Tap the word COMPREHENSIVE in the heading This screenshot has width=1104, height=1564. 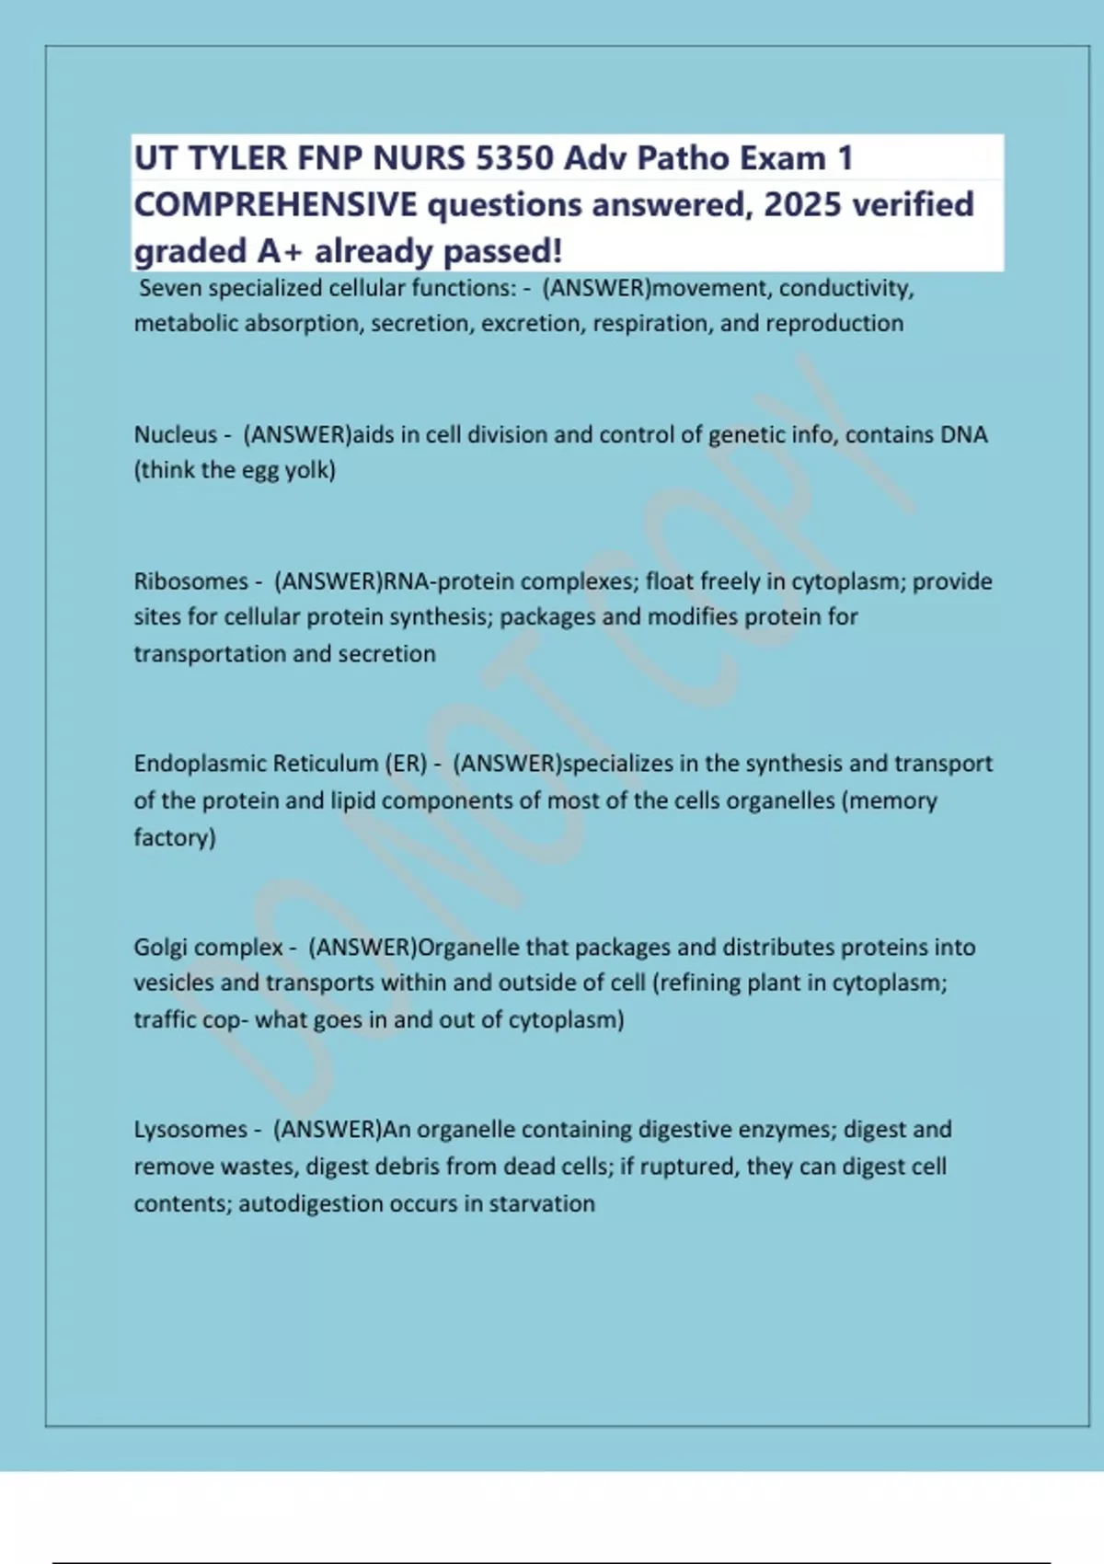point(275,204)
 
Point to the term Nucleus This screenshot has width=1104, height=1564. point(176,434)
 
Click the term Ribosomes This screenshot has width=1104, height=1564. point(191,581)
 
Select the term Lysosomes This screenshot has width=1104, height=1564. point(191,1129)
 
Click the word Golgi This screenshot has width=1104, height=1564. point(161,947)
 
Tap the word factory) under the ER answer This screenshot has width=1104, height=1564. point(175,837)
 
